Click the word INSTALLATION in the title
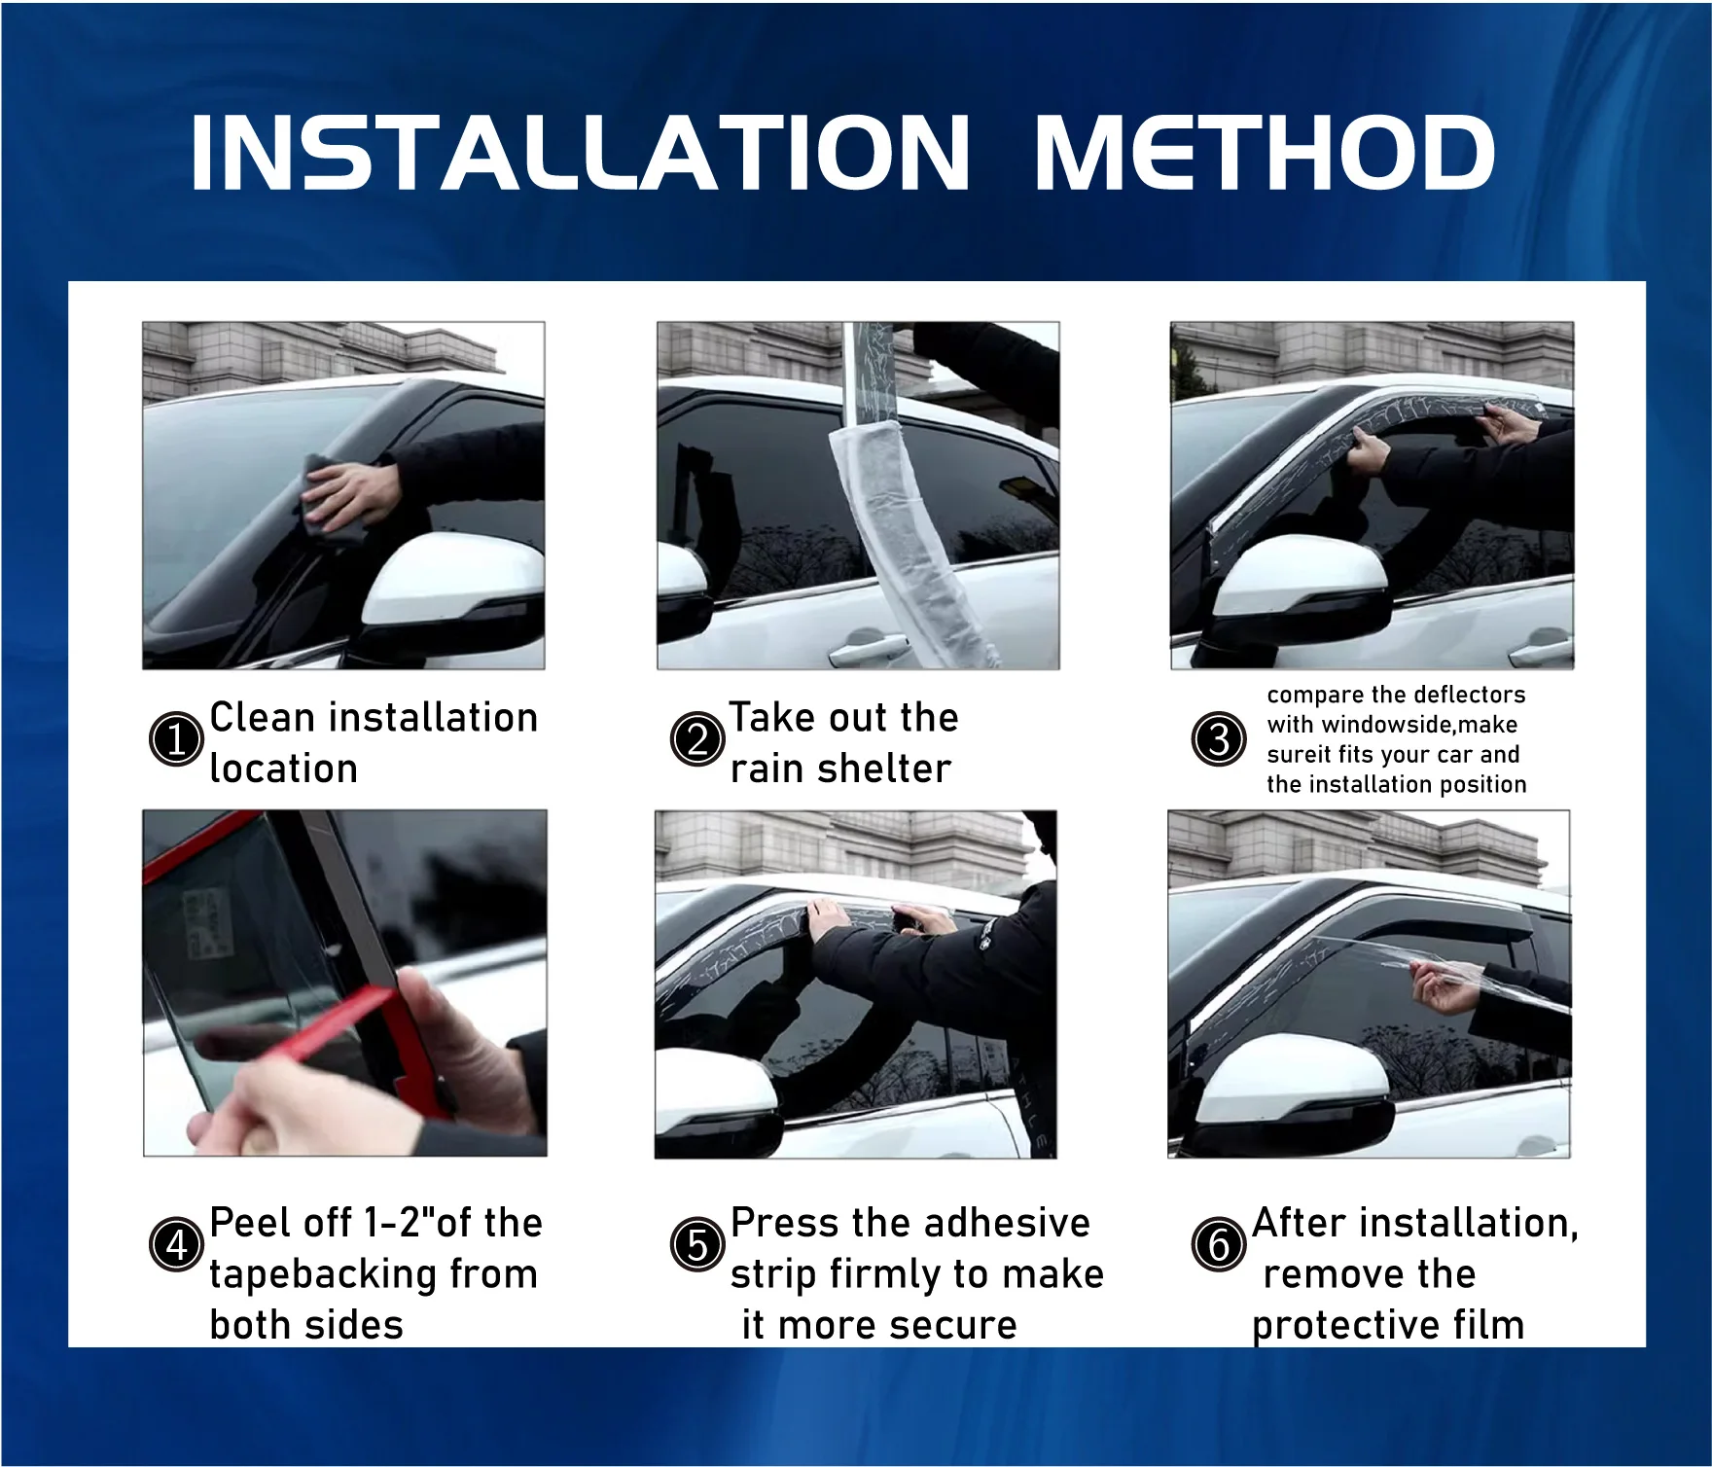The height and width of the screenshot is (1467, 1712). coord(581,152)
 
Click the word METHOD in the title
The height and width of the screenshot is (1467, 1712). coord(1265,152)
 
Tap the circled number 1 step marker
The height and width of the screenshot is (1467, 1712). coord(176,739)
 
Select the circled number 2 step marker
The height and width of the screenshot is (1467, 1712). coord(697,739)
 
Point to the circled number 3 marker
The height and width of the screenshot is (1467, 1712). coord(1219,739)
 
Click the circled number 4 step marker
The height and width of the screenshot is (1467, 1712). coord(176,1244)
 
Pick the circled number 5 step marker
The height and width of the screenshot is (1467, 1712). coord(697,1244)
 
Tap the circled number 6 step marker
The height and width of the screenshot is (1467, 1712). coord(1219,1244)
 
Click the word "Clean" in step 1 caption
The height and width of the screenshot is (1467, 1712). coord(263,718)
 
